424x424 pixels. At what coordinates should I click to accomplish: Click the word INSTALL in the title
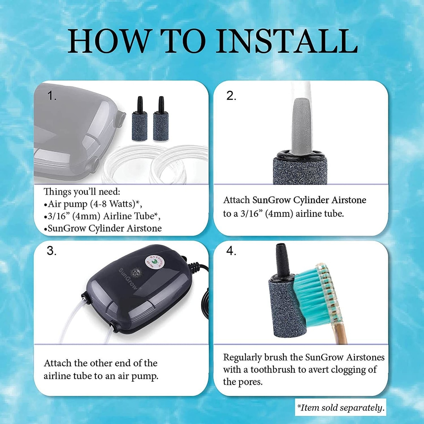287,41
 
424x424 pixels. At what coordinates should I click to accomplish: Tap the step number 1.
52,96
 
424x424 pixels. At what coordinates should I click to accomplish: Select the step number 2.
231,96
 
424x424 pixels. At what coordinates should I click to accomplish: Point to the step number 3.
52,251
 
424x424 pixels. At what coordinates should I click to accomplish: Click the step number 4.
231,251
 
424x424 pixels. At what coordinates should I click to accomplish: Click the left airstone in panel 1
140,119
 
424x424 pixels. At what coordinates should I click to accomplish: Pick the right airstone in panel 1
161,119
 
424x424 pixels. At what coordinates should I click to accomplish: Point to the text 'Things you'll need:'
82,192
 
